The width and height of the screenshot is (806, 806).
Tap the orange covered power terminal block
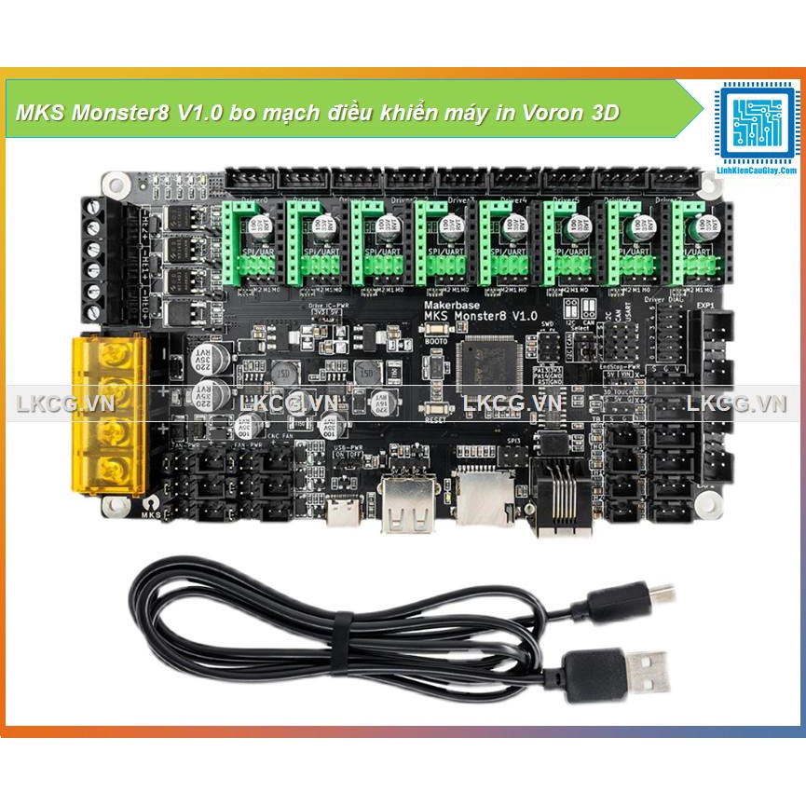[110, 414]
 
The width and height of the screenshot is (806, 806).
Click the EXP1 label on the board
[704, 305]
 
